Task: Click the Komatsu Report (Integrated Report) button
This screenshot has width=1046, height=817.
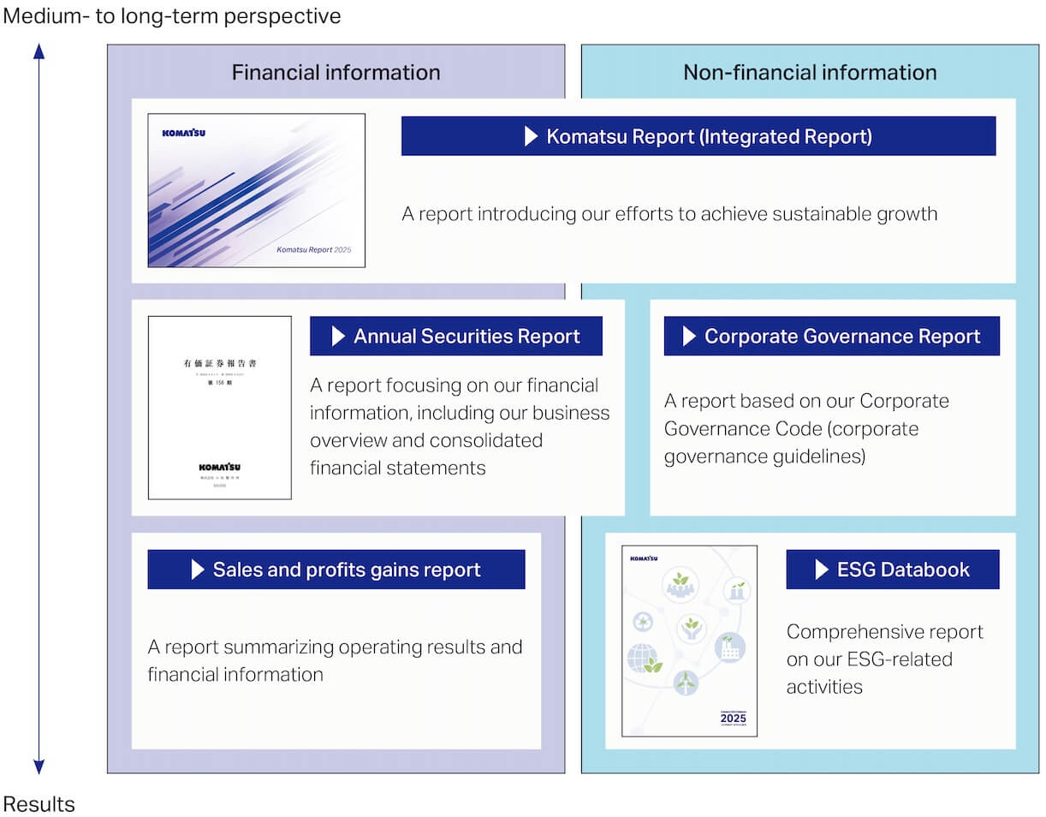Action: click(x=698, y=136)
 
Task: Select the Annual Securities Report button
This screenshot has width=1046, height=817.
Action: click(x=455, y=337)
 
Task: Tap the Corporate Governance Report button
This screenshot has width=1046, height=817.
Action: click(x=831, y=337)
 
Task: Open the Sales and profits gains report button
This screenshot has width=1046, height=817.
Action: click(x=336, y=570)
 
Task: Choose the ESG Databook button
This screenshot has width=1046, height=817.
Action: click(x=892, y=570)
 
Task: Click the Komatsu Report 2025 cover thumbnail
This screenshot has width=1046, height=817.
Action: click(x=256, y=190)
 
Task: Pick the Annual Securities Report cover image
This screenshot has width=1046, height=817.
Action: click(x=219, y=408)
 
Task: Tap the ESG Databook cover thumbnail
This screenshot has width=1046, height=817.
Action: click(x=689, y=641)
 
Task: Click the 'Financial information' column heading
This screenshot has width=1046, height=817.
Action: click(x=336, y=72)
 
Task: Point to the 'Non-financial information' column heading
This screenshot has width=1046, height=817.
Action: click(x=810, y=72)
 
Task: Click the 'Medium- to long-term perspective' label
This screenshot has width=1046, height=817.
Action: click(x=172, y=15)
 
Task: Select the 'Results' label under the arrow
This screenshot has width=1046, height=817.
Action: click(x=39, y=804)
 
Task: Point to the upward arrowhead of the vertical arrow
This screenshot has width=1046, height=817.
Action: click(x=39, y=51)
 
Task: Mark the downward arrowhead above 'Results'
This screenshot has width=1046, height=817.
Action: click(x=39, y=766)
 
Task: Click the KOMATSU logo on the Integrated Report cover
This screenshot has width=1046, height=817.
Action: click(x=184, y=133)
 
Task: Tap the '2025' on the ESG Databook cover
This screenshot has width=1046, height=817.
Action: click(x=734, y=718)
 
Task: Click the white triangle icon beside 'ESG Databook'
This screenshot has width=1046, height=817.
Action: click(x=822, y=570)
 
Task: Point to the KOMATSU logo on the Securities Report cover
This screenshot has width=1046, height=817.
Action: click(x=220, y=467)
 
